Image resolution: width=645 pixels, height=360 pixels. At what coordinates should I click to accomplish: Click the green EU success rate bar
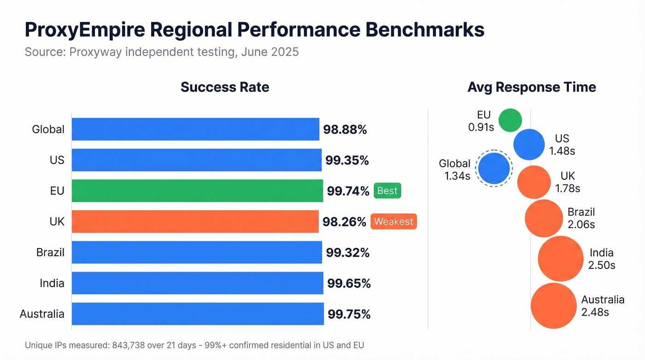point(197,191)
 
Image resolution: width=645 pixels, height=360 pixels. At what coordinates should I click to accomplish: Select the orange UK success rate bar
point(195,222)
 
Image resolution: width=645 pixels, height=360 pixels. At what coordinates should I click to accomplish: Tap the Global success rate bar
point(195,129)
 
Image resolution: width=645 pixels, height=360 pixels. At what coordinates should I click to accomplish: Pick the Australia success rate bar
point(198,314)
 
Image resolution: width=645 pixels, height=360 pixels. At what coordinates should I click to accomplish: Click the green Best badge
point(387,191)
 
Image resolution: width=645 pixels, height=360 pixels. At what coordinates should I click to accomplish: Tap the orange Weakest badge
point(393,222)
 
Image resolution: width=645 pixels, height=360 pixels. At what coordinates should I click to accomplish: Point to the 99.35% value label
point(347,160)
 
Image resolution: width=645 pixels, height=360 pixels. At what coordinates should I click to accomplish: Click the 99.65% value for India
point(349,283)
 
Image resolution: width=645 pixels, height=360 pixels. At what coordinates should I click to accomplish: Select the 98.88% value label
point(345,130)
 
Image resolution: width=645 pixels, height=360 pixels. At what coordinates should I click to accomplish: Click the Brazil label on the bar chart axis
point(50,253)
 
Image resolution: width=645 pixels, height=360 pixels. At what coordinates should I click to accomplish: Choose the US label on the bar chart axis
point(57,160)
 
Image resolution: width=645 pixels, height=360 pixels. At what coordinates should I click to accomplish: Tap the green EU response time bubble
point(510,120)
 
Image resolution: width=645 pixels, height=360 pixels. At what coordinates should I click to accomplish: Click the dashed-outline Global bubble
point(494,169)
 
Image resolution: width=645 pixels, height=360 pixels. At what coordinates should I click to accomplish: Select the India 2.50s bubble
point(561,259)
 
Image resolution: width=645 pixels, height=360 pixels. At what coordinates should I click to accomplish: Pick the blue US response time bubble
point(529,145)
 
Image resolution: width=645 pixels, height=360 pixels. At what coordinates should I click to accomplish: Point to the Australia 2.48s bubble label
point(602,306)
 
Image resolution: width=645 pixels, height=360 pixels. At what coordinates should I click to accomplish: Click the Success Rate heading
point(225,87)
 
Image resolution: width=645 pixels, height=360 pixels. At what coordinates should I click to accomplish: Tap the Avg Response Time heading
point(532,87)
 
